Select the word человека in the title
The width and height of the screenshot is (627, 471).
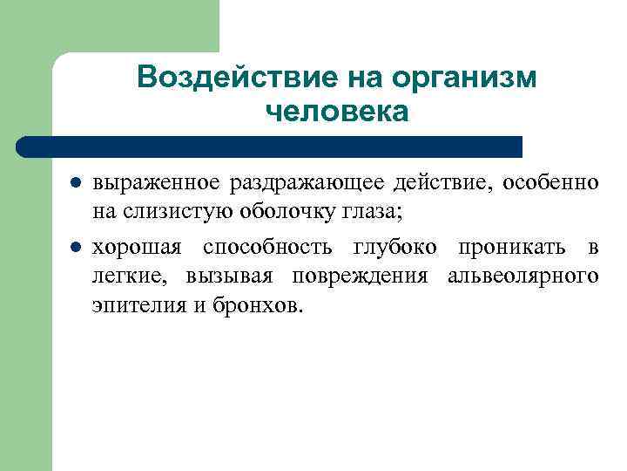[x=336, y=112]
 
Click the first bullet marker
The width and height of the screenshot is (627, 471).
[x=76, y=184]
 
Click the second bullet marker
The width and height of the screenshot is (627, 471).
[x=76, y=247]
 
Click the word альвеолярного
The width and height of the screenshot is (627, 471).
[x=522, y=277]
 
